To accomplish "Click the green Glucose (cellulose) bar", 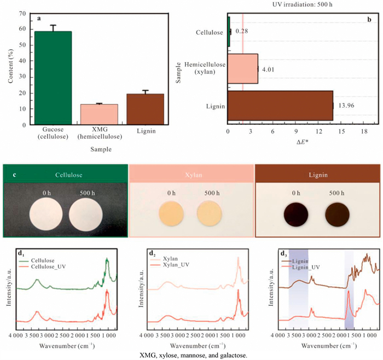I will click(x=54, y=78).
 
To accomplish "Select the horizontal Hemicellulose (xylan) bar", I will click(x=242, y=68).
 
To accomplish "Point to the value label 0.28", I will click(x=242, y=32).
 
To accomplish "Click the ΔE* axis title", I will click(x=302, y=142).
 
